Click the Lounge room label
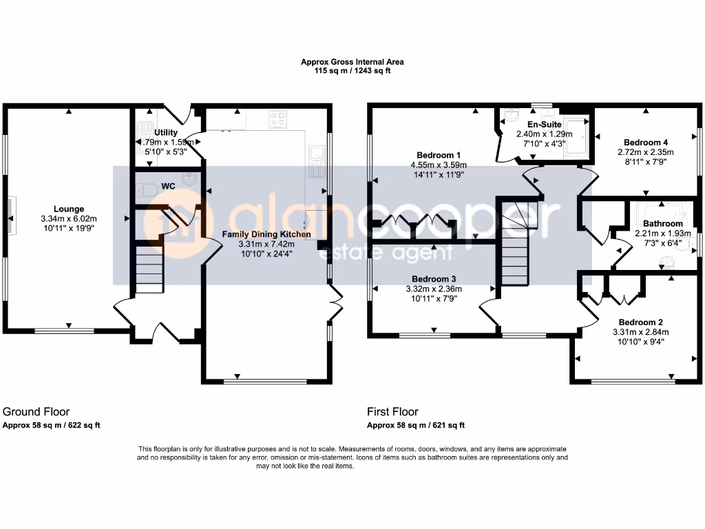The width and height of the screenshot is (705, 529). (70, 209)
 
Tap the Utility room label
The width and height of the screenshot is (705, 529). (166, 132)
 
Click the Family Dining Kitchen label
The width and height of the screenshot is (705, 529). (266, 234)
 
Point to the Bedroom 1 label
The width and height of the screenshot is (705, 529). (439, 155)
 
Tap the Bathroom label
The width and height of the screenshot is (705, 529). (663, 223)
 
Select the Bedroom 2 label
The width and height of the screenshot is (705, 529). (640, 322)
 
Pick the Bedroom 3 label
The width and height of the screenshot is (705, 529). (433, 279)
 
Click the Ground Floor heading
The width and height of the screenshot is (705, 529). (36, 412)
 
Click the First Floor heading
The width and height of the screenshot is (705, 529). (392, 412)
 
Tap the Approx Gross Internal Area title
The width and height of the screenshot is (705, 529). (352, 61)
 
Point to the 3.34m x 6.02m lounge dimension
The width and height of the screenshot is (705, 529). (70, 218)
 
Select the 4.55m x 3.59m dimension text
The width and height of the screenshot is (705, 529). (439, 165)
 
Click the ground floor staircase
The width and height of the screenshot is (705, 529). (149, 271)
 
